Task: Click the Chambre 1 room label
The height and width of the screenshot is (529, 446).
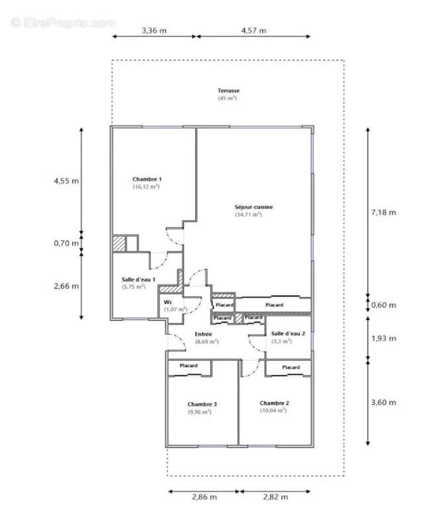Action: point(147,179)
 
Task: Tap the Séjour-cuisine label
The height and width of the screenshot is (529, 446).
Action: point(253,207)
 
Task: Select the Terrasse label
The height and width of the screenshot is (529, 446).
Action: point(228,91)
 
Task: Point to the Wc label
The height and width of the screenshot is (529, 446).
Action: point(168,302)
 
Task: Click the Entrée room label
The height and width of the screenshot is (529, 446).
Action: point(203,334)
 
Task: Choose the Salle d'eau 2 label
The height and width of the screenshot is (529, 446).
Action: point(288,333)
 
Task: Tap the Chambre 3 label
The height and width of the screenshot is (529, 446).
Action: point(202,404)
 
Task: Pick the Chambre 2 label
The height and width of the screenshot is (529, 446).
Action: point(274,403)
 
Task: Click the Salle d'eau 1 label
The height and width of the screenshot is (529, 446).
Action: point(138,279)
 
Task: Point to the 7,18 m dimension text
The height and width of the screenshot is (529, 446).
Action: point(384,212)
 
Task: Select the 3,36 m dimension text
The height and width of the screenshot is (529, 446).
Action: point(154,30)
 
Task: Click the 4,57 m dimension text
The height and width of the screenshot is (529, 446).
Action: point(253,30)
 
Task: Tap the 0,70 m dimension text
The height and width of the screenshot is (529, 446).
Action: point(66,243)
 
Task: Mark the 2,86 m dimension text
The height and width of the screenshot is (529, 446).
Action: point(204,497)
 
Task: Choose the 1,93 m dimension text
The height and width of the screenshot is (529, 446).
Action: point(384,338)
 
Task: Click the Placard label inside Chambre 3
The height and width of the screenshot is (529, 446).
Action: point(189,366)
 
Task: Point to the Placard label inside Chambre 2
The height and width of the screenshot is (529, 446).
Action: point(290,367)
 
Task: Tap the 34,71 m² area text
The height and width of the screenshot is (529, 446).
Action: point(248,214)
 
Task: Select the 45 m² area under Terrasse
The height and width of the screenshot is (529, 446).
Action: point(227,98)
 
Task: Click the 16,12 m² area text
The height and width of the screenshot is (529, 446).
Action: point(146,186)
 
